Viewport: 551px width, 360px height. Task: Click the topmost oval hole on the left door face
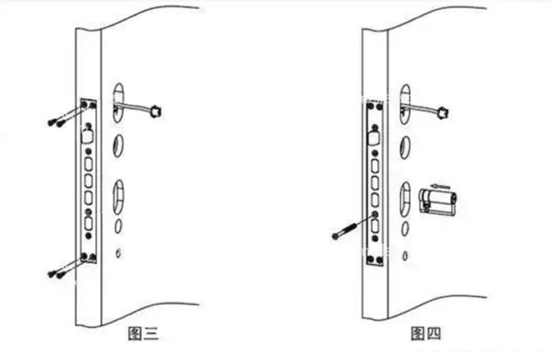pos(117,95)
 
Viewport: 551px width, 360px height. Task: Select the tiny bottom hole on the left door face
pos(120,252)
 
